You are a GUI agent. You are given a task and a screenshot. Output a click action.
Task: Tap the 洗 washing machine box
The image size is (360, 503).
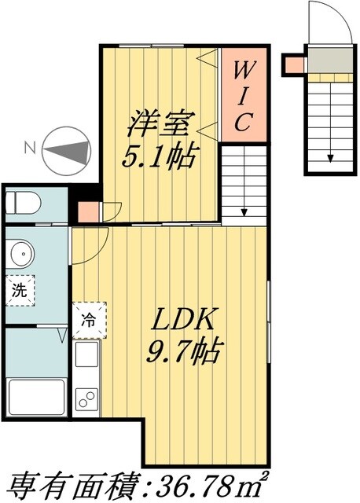pyautogui.click(x=19, y=289)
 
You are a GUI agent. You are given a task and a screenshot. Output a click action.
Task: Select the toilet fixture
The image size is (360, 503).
pyautogui.click(x=22, y=204)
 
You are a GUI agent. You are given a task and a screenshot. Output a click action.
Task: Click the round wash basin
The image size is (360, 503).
pyautogui.click(x=21, y=253)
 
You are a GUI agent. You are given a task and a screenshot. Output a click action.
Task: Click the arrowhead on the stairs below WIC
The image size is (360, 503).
pyautogui.click(x=245, y=211)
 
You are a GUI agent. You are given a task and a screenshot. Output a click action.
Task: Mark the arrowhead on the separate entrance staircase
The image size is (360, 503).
pyautogui.click(x=330, y=156)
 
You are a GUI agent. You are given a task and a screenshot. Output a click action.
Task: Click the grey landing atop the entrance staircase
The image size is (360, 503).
pyautogui.click(x=329, y=60)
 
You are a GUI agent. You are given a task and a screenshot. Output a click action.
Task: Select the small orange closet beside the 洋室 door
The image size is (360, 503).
pyautogui.click(x=89, y=211)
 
